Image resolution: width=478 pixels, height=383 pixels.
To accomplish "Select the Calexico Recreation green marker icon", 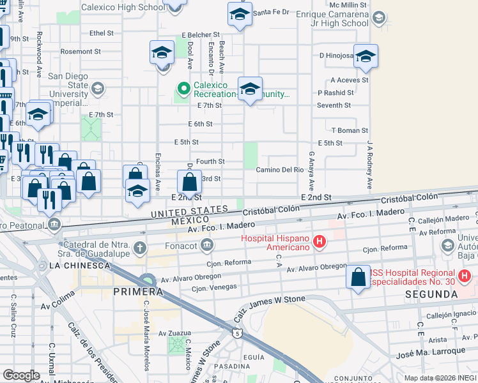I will point(183,89).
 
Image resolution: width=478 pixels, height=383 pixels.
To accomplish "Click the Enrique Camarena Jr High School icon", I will point(379,17).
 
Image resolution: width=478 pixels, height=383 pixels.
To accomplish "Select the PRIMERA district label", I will point(134,292).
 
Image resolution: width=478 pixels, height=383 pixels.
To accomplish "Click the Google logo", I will point(22,375).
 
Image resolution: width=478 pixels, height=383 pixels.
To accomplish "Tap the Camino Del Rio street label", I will point(280,170).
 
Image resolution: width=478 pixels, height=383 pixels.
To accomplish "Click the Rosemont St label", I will point(81,51).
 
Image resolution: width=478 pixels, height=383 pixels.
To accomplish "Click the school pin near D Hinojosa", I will point(366,56).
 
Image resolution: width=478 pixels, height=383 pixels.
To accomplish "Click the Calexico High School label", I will point(123,8).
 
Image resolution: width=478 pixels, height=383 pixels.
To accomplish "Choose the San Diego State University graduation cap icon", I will point(98,89).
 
